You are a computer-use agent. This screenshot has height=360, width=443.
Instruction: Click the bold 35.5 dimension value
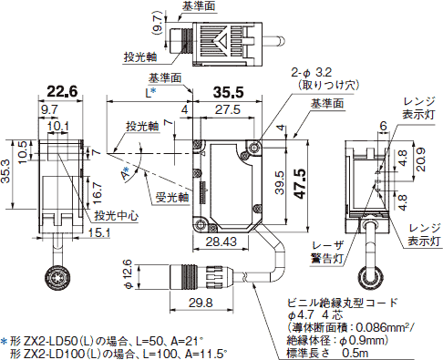coord(228,92)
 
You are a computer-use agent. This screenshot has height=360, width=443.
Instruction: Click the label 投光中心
coord(117,216)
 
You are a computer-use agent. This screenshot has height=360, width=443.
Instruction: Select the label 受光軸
coord(170,195)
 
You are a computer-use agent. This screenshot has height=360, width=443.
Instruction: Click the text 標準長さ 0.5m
coord(331,352)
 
